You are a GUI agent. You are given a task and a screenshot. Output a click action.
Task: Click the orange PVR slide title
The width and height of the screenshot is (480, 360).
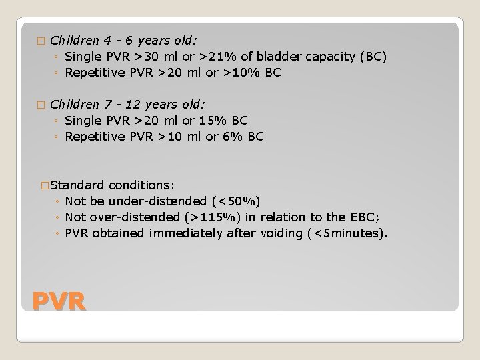pyautogui.click(x=59, y=301)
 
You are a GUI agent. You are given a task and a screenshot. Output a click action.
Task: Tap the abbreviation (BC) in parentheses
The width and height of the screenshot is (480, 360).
pyautogui.click(x=371, y=57)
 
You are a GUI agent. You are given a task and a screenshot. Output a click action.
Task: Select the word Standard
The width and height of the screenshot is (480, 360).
pyautogui.click(x=77, y=185)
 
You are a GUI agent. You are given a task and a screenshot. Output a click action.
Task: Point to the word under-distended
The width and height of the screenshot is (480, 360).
pyautogui.click(x=164, y=201)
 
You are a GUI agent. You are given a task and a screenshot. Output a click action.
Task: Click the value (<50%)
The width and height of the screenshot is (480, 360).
pyautogui.click(x=239, y=201)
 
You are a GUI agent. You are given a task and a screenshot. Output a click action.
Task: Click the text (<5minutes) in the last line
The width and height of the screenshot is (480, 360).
pyautogui.click(x=346, y=233)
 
